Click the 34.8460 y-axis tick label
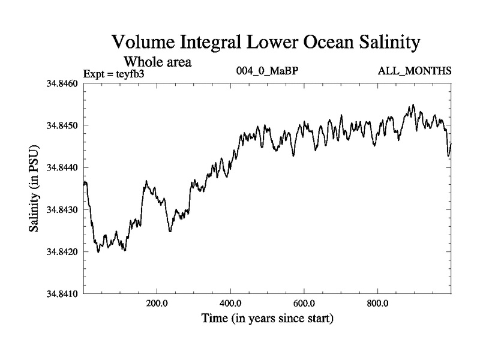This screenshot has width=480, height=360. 63,83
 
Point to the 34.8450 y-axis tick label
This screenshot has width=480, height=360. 63,125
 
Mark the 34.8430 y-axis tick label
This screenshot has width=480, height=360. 63,210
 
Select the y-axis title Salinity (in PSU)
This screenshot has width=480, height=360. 34,189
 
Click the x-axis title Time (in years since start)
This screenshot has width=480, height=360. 268,318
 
